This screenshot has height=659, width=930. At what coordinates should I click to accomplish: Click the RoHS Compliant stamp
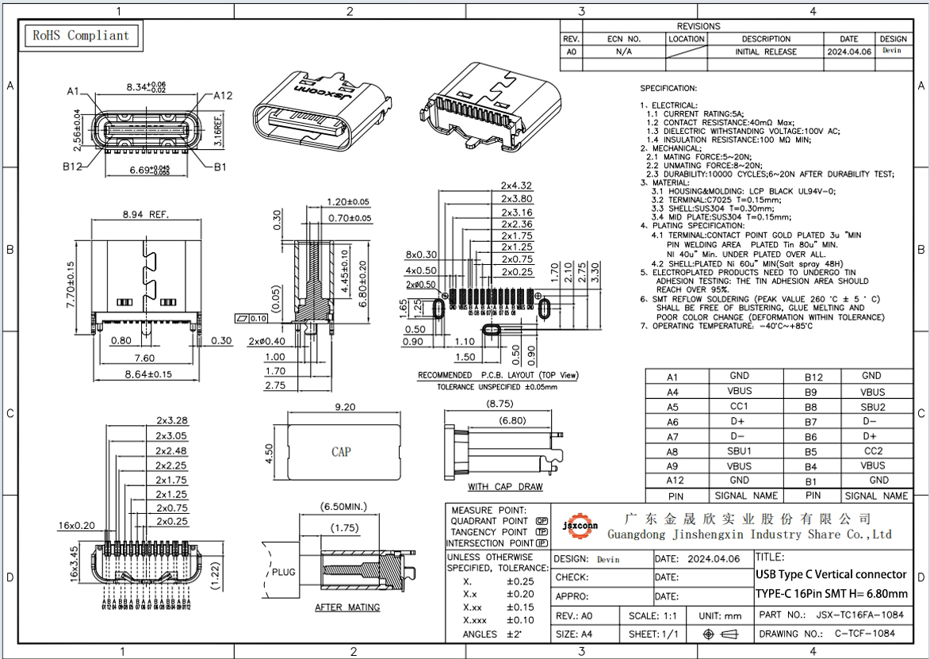[x=79, y=36]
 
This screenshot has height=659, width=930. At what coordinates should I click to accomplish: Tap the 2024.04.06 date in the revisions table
[x=849, y=52]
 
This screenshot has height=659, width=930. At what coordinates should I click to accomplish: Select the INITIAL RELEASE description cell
[x=765, y=52]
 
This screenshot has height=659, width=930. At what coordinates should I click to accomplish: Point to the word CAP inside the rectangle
[x=341, y=452]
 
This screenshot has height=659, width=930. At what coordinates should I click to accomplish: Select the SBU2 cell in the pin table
[x=872, y=407]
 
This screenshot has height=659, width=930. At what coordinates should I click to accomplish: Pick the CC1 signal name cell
[x=739, y=407]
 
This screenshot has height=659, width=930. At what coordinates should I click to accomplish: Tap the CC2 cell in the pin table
[x=872, y=451]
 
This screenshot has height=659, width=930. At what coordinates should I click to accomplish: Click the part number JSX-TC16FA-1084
[x=859, y=615]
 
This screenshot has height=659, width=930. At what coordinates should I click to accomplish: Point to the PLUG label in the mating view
[x=284, y=571]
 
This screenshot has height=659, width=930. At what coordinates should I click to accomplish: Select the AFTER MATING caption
[x=347, y=607]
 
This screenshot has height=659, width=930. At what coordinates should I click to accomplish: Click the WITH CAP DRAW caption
[x=505, y=486]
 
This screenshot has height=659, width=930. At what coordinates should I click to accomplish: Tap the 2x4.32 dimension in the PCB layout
[x=516, y=186]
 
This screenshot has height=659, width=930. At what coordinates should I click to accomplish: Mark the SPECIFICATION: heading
[x=668, y=88]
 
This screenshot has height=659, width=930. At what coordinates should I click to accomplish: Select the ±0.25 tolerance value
[x=520, y=581]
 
